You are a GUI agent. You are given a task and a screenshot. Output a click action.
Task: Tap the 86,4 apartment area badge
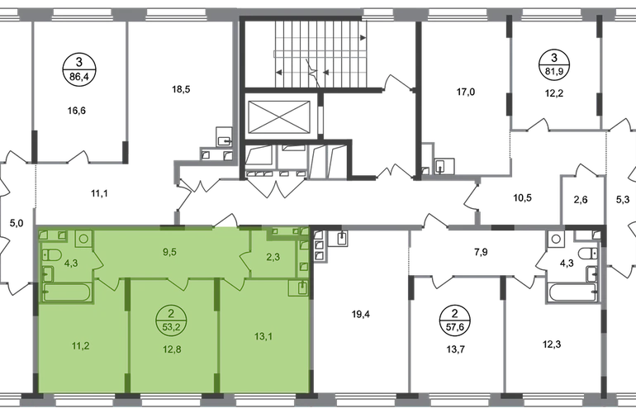tap(78, 69)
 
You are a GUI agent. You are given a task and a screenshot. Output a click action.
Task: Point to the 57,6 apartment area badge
tap(454, 320)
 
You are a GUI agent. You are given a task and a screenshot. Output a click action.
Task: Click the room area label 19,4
tap(360, 314)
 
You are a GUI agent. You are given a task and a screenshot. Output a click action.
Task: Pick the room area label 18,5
tap(181, 89)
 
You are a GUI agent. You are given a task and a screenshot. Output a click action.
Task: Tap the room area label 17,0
tap(465, 92)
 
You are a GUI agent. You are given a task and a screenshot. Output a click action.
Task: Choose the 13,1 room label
tap(263, 336)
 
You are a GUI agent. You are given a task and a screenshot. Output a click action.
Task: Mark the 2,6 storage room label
tap(581, 200)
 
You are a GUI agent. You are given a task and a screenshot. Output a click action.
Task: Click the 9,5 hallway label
tap(169, 252)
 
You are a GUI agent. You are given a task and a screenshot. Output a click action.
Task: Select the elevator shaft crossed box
tap(278, 116)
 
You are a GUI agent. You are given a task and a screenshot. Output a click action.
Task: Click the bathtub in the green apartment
tap(67, 292)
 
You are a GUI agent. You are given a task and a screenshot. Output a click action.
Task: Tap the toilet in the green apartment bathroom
tap(52, 255)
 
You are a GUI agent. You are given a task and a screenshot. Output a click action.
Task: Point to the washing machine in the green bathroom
tap(83, 238)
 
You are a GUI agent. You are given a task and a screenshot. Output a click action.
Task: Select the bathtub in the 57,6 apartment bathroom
tap(572, 292)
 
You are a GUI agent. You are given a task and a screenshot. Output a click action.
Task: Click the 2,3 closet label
tap(273, 257)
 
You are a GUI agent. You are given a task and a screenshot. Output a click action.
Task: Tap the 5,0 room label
tap(17, 223)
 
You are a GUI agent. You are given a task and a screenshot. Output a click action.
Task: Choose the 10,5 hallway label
tap(522, 198)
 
